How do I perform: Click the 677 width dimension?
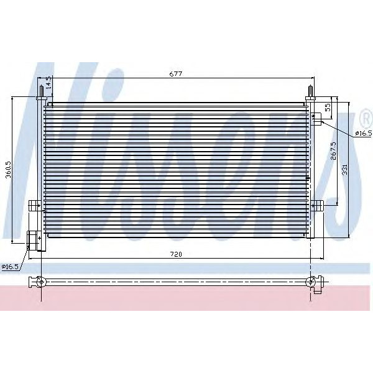pos(175,74)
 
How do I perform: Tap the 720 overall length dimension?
pos(175,253)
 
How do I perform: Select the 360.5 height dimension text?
pos(8,168)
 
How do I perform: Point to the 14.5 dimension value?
pos(47,82)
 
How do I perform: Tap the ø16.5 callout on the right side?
pos(362,133)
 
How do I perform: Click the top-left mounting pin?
pos(41,92)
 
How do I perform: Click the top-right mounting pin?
pos(309,93)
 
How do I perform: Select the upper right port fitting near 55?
pos(316,117)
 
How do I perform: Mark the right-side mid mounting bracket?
pos(318,206)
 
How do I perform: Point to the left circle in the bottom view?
pos(41,282)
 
